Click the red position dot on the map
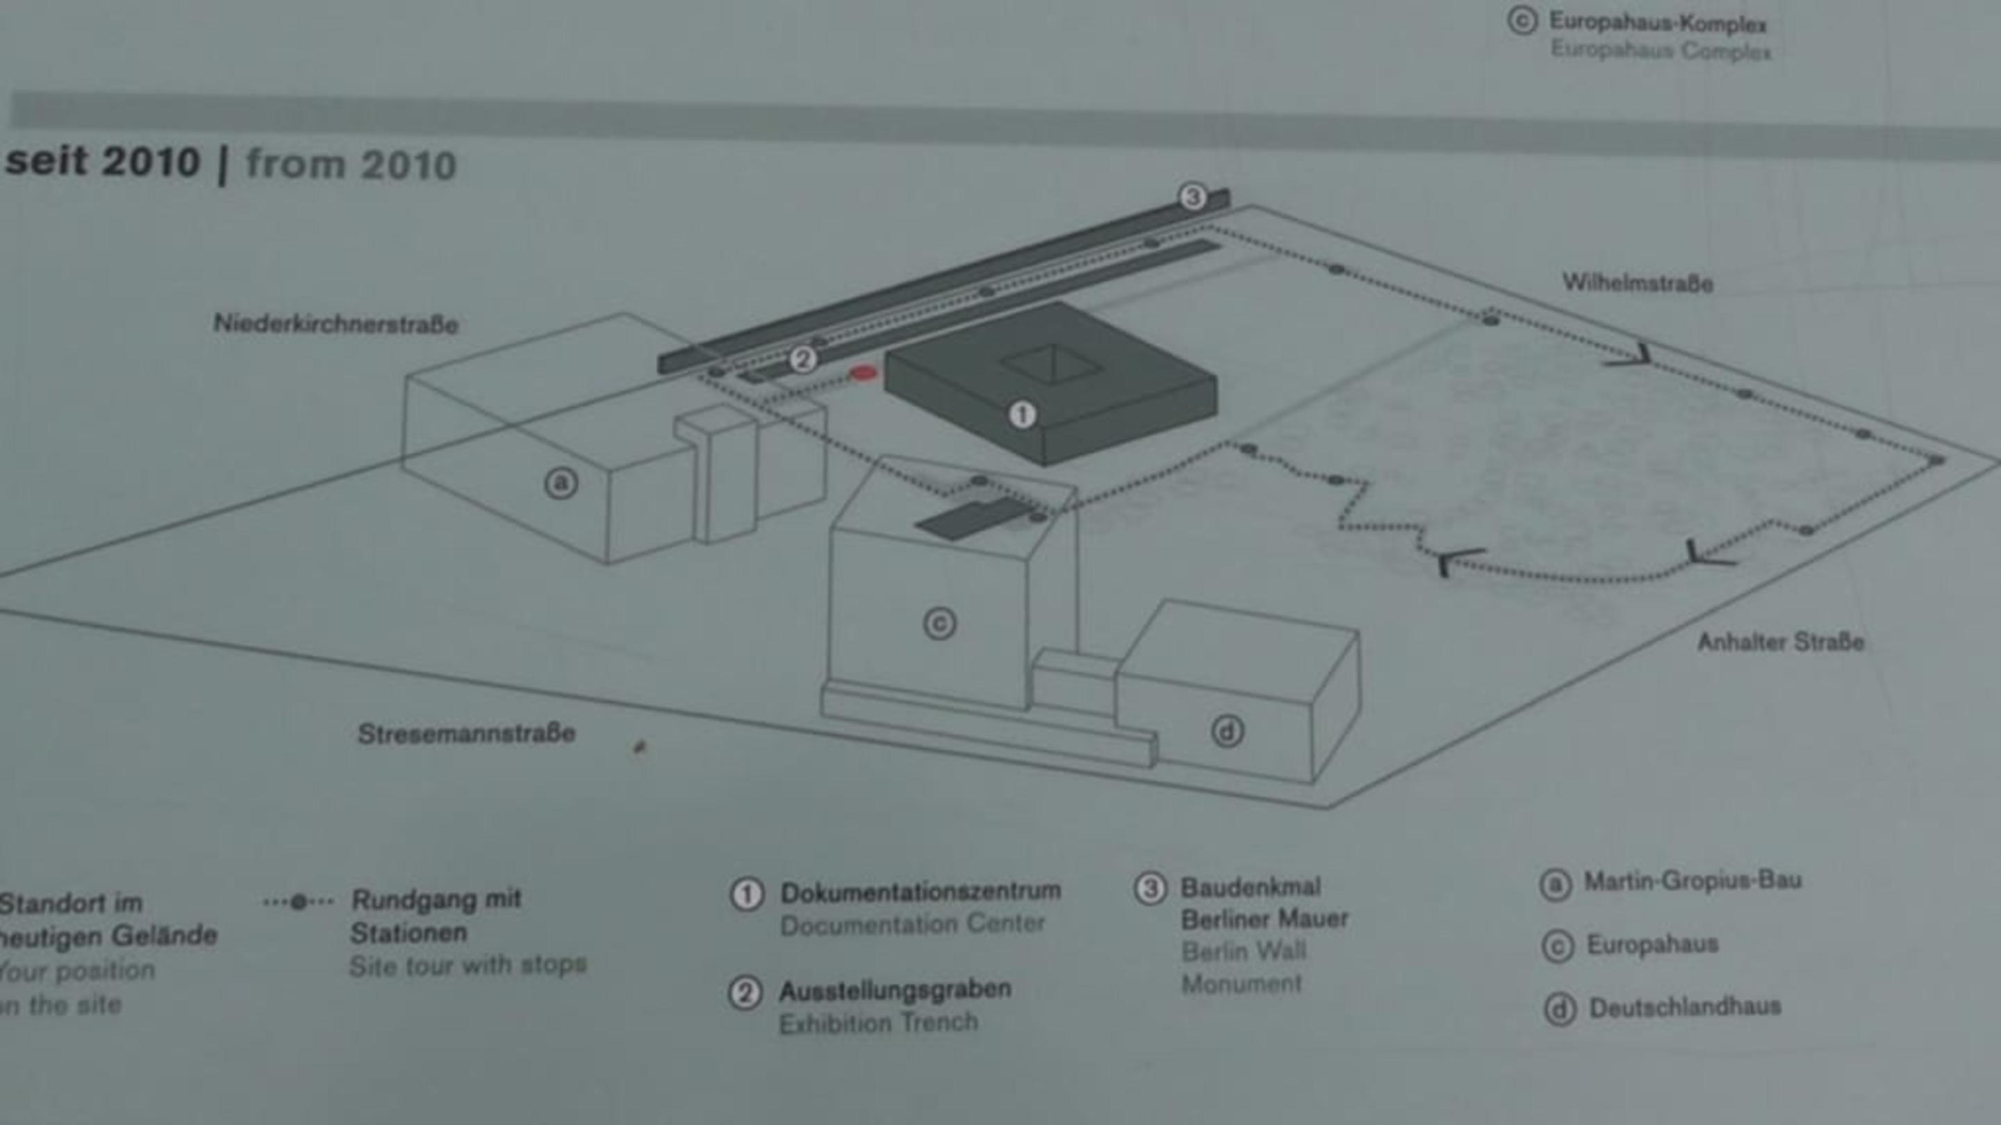pyautogui.click(x=863, y=374)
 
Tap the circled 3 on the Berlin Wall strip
pyautogui.click(x=1193, y=197)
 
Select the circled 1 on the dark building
pyautogui.click(x=1021, y=415)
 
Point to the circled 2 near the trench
pyautogui.click(x=803, y=360)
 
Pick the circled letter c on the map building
pyautogui.click(x=939, y=624)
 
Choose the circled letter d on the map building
pyautogui.click(x=1227, y=731)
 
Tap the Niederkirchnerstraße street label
pyautogui.click(x=336, y=324)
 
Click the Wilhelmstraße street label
pyautogui.click(x=1638, y=283)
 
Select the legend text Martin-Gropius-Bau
pyautogui.click(x=1693, y=881)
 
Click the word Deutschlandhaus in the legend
pyautogui.click(x=1685, y=1008)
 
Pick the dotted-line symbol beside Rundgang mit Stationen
pyautogui.click(x=298, y=902)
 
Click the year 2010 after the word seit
pyautogui.click(x=151, y=162)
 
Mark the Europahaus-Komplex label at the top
pyautogui.click(x=1658, y=24)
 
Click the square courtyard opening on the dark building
pyautogui.click(x=1051, y=364)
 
